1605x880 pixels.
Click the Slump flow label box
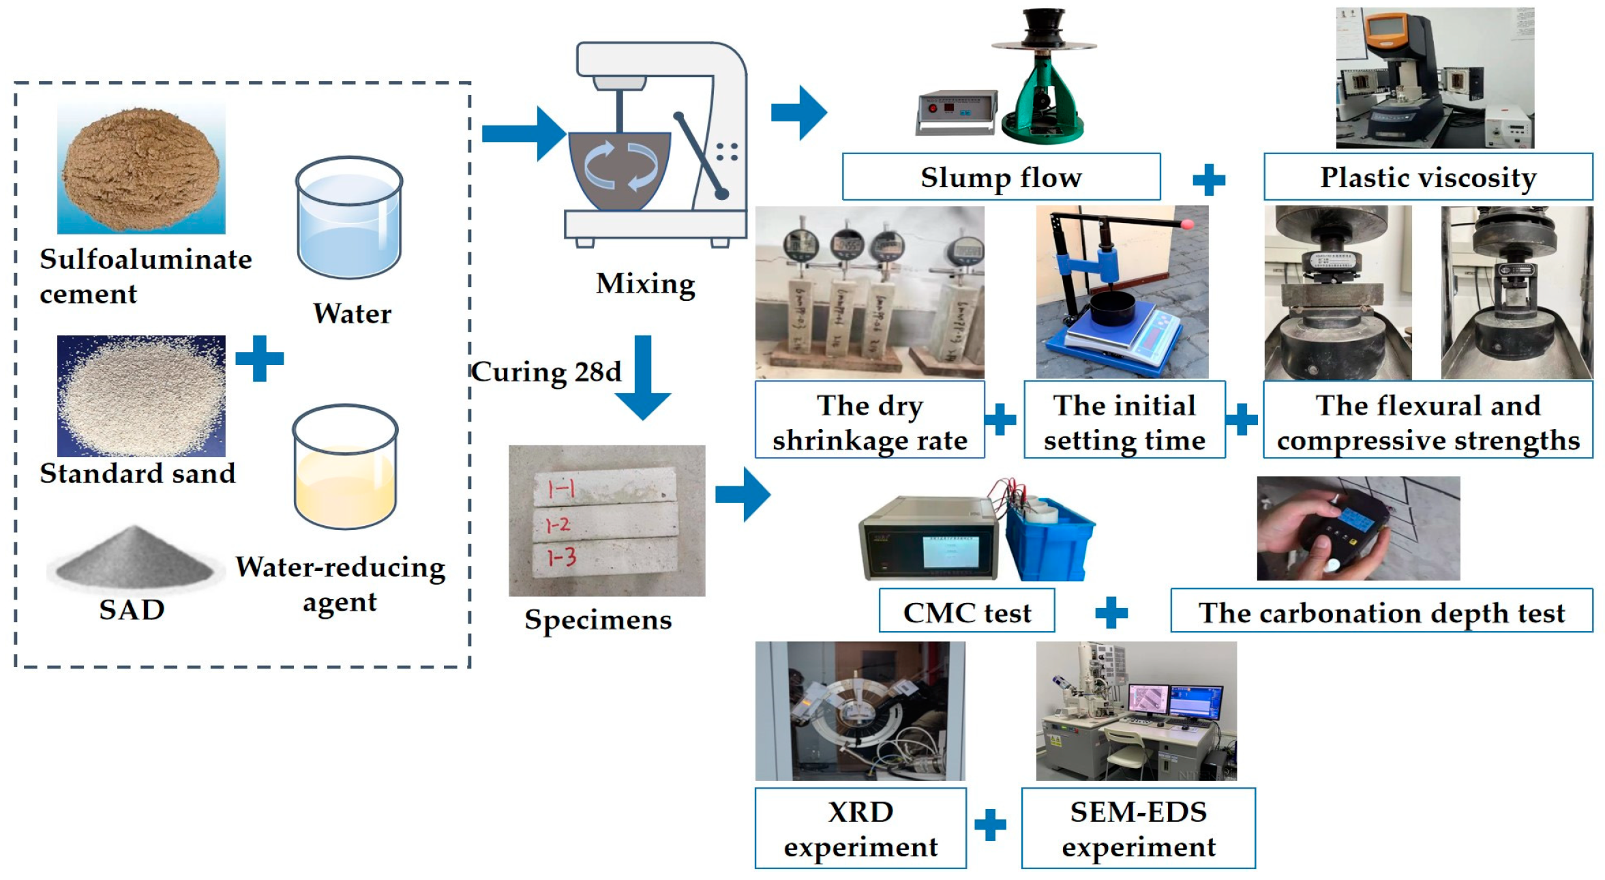(x=1000, y=177)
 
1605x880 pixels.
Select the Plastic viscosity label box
(x=1428, y=177)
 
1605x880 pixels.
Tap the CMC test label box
(x=966, y=611)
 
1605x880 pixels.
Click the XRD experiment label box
(x=860, y=828)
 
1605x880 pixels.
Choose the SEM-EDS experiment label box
(x=1137, y=828)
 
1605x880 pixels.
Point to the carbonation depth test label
(x=1381, y=611)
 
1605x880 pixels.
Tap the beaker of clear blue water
(x=349, y=218)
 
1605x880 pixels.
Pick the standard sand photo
(x=141, y=396)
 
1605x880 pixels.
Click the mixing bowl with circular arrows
(x=619, y=169)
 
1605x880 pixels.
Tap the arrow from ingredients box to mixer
(x=522, y=133)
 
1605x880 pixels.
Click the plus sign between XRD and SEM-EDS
(x=990, y=825)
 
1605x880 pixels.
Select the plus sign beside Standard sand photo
(x=259, y=358)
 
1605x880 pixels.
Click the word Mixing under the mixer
(x=645, y=283)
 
